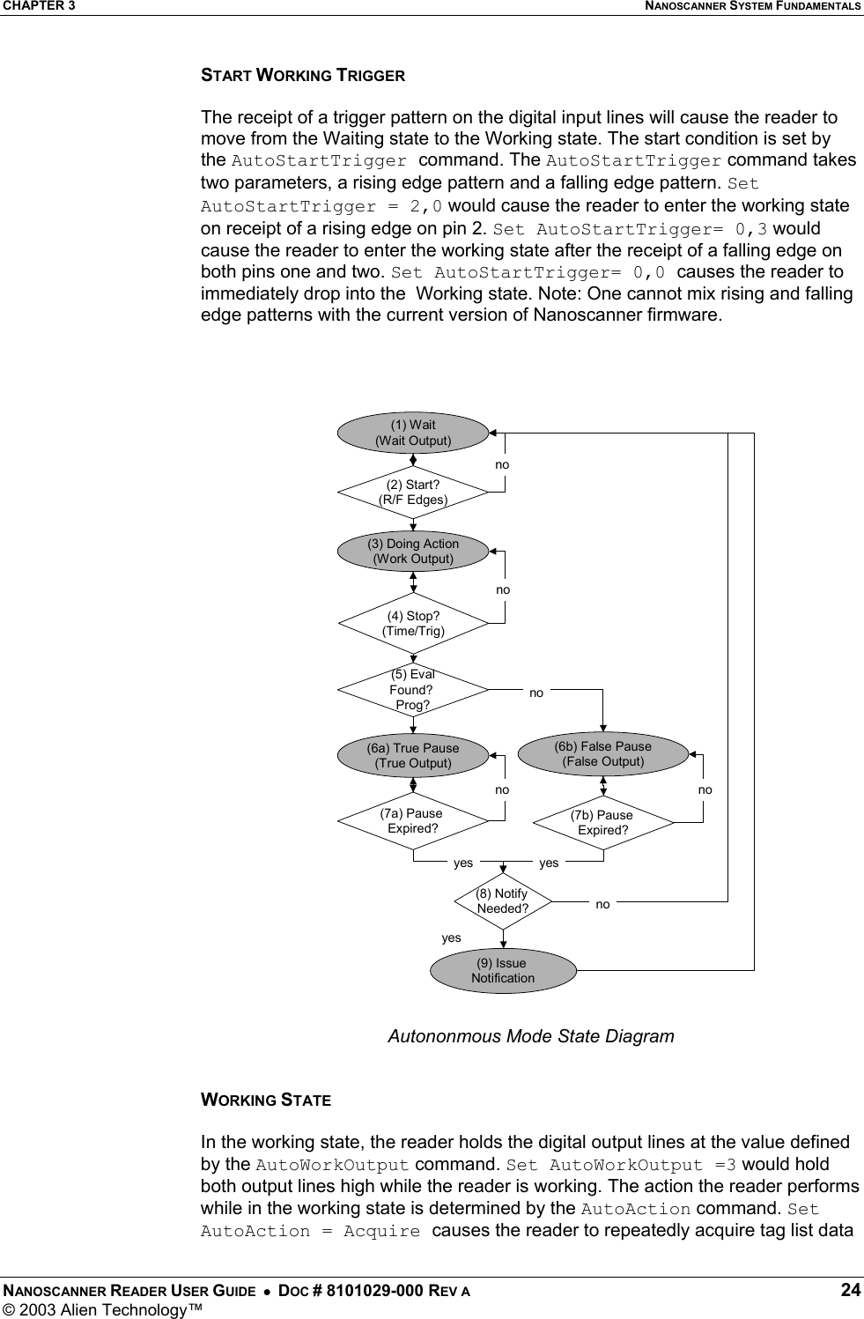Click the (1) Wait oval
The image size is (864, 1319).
click(x=413, y=433)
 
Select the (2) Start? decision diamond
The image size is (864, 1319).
click(x=413, y=492)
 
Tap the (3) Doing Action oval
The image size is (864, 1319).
click(x=413, y=551)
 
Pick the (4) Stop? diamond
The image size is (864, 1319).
click(x=413, y=623)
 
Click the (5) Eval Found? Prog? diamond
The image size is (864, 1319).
click(x=413, y=690)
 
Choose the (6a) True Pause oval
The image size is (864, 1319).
click(x=413, y=756)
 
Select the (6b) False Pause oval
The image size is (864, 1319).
click(x=603, y=754)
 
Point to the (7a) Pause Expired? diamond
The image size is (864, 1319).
click(x=413, y=821)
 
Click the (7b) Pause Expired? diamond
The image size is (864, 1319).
click(x=603, y=823)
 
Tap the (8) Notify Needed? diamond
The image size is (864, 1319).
click(x=503, y=901)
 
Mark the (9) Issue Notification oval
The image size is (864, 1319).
click(x=503, y=970)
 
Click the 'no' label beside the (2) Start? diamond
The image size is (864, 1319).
click(x=502, y=464)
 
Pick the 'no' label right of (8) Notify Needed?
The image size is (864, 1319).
click(x=602, y=904)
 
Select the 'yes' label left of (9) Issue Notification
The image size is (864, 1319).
click(x=451, y=937)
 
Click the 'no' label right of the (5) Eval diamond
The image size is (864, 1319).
click(x=536, y=693)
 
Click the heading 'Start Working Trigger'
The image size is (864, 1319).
click(x=303, y=76)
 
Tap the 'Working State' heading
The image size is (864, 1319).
click(x=266, y=1100)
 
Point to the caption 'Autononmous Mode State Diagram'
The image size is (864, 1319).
click(x=531, y=1036)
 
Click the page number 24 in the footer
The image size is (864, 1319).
click(x=850, y=1291)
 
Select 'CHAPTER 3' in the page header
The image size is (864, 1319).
click(x=38, y=6)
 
